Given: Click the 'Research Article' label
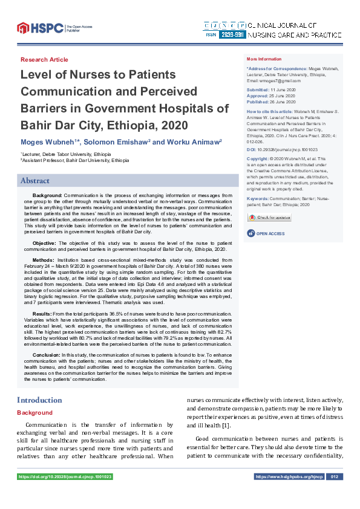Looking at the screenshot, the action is [44, 60].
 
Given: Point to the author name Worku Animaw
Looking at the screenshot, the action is [186, 141].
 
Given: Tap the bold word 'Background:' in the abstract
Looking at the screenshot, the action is [47, 196].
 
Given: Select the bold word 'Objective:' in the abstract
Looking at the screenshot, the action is [45, 242].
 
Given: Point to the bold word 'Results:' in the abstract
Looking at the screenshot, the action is [42, 314].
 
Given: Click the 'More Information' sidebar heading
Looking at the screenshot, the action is [264, 59].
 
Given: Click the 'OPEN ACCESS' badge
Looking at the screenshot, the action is [266, 233].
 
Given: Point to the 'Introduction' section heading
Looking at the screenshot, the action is [39, 400].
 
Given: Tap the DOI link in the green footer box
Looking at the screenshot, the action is [65, 477].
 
